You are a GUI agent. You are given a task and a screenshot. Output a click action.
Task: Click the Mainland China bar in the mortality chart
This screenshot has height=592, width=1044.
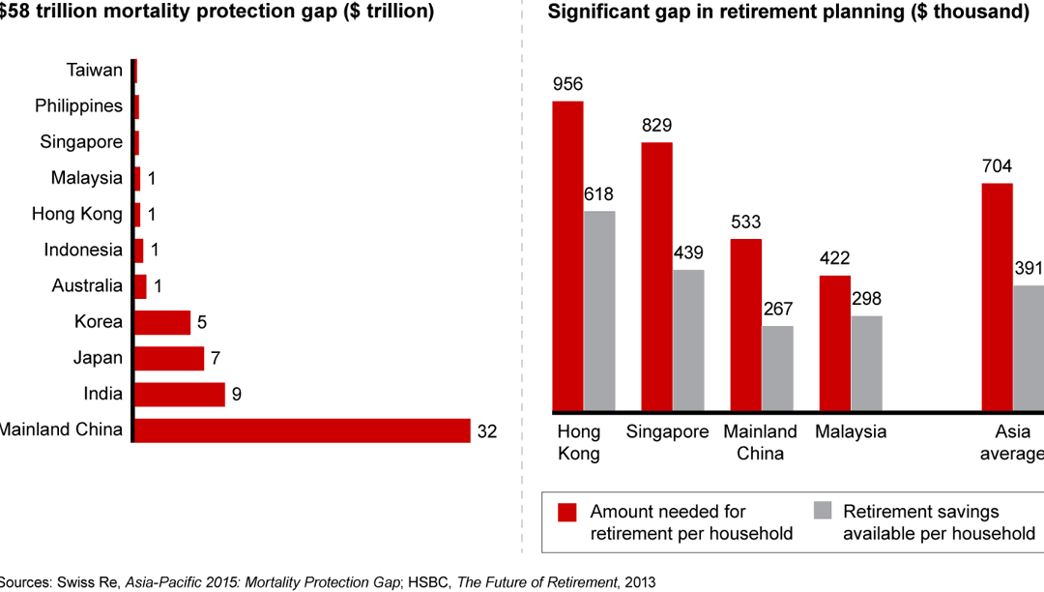302,430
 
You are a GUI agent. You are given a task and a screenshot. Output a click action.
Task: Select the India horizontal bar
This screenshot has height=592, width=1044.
180,395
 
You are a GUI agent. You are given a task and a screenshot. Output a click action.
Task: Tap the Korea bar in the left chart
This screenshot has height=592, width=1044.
162,322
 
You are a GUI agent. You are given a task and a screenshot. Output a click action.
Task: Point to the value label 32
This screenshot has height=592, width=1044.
487,431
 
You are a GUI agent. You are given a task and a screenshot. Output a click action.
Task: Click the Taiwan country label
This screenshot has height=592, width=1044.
95,70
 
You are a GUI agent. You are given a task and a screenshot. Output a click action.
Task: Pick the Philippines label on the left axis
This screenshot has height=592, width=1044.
79,105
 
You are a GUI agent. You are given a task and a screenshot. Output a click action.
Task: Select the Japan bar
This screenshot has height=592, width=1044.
169,359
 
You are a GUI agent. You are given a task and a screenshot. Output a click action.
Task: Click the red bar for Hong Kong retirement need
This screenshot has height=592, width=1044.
567,256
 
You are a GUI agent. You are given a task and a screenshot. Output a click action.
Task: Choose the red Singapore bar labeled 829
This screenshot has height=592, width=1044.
656,277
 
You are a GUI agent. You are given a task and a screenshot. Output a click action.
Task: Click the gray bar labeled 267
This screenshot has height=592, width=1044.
777,369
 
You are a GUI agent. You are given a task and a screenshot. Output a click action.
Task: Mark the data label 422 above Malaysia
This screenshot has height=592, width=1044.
835,258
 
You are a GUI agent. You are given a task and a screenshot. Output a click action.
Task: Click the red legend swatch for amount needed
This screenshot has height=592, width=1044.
566,512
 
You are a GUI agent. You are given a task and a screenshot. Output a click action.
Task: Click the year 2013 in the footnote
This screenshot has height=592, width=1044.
638,582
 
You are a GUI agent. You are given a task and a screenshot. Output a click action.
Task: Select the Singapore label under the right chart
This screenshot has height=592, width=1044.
667,431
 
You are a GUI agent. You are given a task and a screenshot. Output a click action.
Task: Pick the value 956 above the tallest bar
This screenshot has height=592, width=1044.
567,84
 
